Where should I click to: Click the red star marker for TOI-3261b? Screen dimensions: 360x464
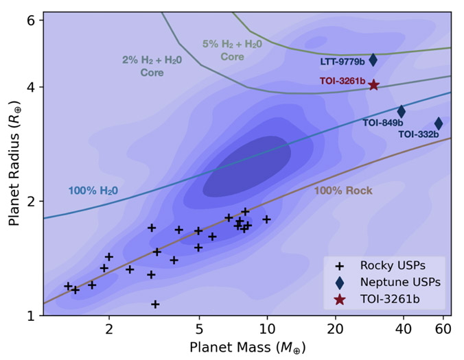(373, 85)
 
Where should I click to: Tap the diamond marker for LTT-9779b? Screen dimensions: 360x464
(373, 60)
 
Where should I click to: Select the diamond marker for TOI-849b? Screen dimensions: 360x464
(402, 112)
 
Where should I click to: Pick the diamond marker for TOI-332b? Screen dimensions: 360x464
(439, 124)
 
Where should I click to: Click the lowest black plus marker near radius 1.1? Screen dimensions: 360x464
(155, 304)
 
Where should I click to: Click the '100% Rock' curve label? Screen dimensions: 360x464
(343, 191)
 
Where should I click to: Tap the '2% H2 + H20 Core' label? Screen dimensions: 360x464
(152, 66)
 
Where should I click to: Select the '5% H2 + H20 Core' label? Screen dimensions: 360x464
(232, 50)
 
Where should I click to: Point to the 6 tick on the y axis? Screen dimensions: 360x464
(31, 21)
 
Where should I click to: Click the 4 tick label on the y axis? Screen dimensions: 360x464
(31, 88)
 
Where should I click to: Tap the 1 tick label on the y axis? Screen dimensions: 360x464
(31, 316)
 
